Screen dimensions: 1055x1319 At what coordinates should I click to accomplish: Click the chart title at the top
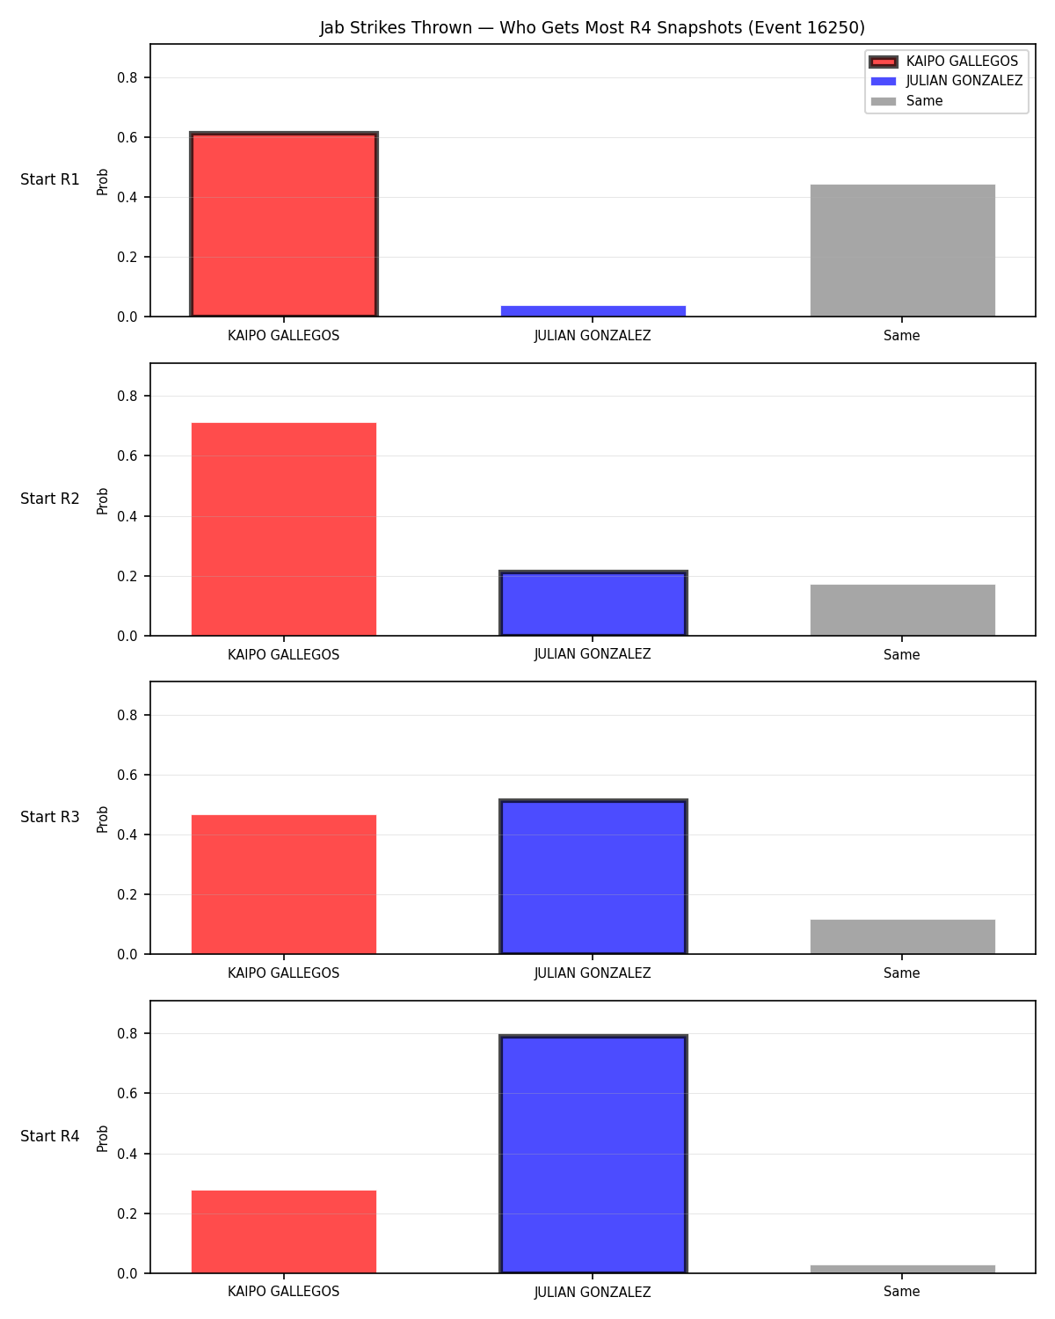tap(592, 27)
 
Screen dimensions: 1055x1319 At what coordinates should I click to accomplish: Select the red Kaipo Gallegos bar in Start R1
tap(284, 224)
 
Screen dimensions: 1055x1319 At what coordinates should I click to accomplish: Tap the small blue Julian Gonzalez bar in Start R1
tap(593, 310)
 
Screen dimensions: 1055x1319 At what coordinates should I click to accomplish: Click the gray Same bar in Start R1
tap(902, 250)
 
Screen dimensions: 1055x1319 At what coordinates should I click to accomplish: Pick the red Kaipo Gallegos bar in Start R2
tap(284, 529)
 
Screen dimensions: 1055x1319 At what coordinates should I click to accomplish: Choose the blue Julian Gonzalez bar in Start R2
tap(593, 603)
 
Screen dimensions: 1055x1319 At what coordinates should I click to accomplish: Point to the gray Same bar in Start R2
tap(902, 610)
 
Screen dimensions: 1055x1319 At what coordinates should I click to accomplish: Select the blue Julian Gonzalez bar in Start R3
tap(593, 877)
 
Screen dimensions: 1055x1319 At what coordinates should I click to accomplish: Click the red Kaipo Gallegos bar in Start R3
tap(284, 885)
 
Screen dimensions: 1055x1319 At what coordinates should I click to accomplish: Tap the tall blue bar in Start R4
tap(593, 1154)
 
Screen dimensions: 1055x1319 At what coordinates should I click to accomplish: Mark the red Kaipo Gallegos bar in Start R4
tap(284, 1231)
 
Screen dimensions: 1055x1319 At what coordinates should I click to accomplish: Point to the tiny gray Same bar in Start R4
tap(902, 1269)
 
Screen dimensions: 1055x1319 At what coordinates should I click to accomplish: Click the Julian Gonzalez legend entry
tap(946, 81)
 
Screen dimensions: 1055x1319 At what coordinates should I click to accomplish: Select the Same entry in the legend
tap(906, 101)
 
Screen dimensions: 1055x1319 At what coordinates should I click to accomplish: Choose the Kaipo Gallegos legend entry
tap(943, 62)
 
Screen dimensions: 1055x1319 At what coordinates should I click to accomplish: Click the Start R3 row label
tap(49, 817)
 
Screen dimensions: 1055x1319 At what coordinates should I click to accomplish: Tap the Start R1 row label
tap(49, 179)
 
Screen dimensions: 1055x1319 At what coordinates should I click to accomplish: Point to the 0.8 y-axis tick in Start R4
tap(127, 1034)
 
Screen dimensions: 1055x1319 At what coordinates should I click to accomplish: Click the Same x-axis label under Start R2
tap(901, 654)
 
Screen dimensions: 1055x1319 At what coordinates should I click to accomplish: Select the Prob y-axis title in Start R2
tap(102, 500)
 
